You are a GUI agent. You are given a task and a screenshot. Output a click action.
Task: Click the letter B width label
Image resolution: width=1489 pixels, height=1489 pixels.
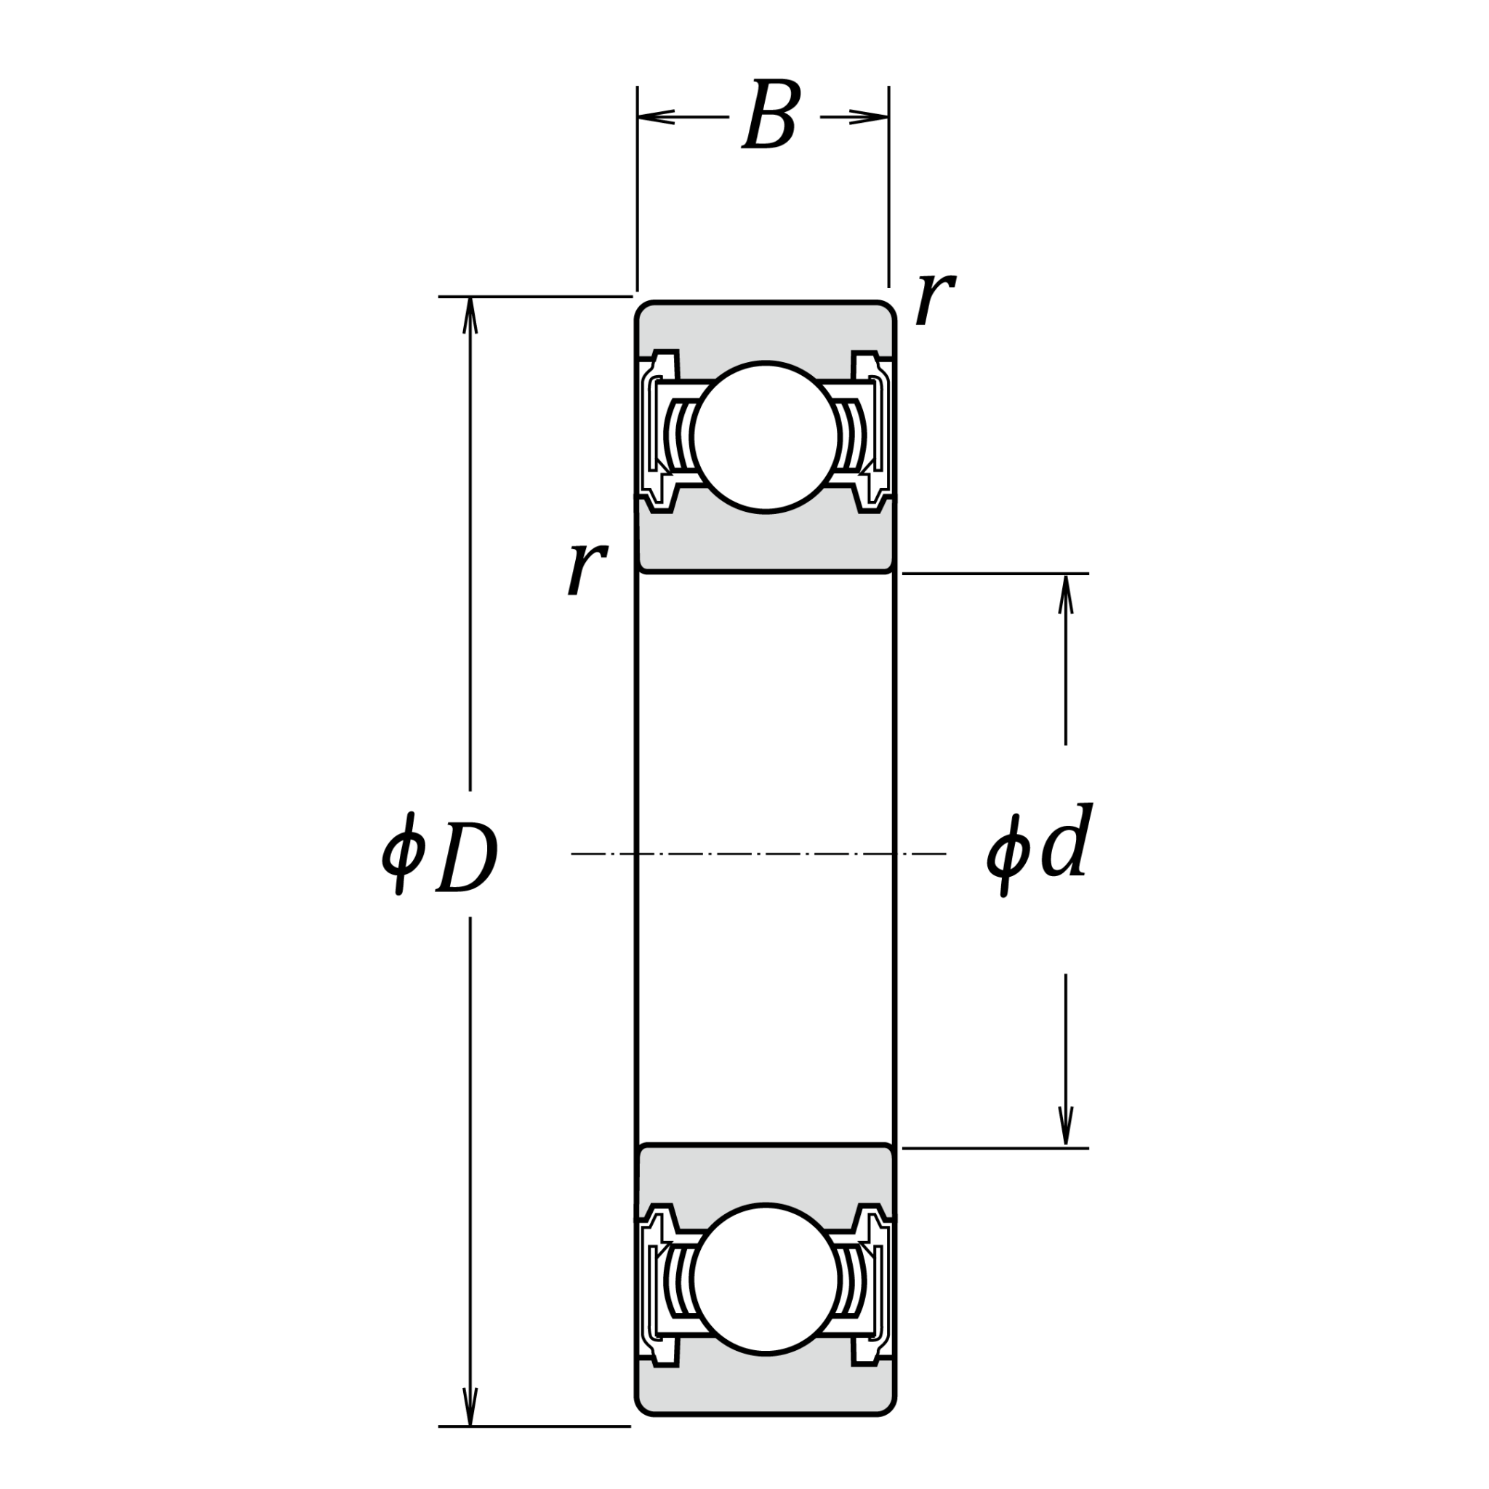pyautogui.click(x=771, y=116)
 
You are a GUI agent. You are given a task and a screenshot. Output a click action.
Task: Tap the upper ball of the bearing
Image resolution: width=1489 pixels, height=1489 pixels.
pyautogui.click(x=765, y=436)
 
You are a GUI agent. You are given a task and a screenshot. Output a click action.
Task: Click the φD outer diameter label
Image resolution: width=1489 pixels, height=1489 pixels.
pyautogui.click(x=440, y=855)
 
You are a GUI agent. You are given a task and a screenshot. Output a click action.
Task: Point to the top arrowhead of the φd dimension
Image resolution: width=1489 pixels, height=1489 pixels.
pyautogui.click(x=1066, y=593)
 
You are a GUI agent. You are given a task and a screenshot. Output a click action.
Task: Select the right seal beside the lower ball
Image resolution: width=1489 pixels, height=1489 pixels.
pyautogui.click(x=874, y=1281)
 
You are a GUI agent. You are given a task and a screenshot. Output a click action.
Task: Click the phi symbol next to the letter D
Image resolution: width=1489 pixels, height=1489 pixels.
pyautogui.click(x=401, y=855)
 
